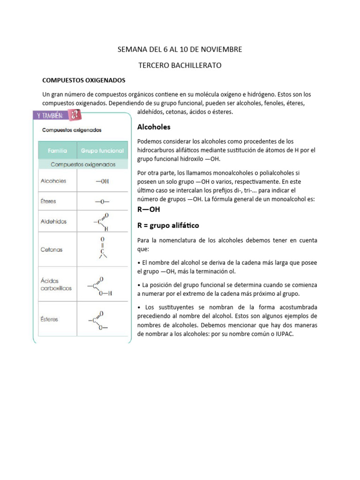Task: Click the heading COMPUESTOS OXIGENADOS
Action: pos(84,80)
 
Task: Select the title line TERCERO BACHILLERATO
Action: pos(180,66)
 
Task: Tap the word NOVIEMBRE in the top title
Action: pos(220,49)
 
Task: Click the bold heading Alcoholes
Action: pos(154,127)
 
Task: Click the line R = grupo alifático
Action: pos(168,225)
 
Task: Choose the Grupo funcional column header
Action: pos(102,151)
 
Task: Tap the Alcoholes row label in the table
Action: pos(53,181)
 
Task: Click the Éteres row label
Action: pos(48,201)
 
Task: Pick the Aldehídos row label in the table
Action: pos(53,221)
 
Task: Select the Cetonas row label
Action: pos(52,250)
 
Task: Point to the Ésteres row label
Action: pos(50,319)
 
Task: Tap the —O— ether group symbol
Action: pos(102,202)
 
